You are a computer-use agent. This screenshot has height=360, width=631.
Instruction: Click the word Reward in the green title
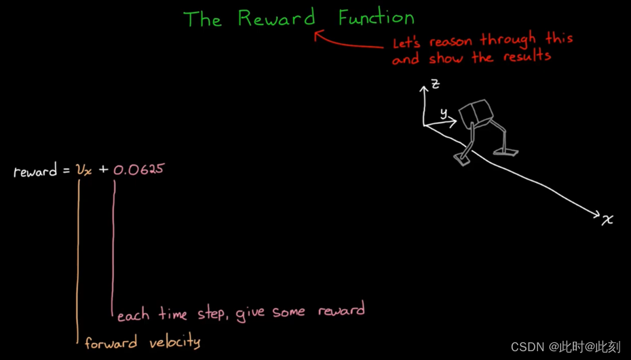point(276,18)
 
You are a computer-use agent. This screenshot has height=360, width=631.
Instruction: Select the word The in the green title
point(202,19)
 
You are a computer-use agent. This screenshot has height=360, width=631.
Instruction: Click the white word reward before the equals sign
point(35,172)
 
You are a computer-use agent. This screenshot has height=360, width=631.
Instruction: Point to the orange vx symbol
point(84,169)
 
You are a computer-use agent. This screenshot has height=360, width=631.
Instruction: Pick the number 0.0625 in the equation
point(138,169)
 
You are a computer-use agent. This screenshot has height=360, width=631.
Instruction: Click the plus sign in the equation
point(103,169)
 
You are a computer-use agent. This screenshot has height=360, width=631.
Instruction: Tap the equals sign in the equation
point(66,171)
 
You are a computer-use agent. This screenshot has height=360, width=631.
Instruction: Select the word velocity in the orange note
point(172,342)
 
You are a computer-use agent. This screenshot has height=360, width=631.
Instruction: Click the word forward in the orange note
point(111,342)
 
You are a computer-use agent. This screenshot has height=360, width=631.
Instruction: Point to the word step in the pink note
point(212,314)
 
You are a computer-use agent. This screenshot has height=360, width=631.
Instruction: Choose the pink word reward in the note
point(341,311)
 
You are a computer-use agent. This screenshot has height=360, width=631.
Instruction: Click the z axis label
point(436,84)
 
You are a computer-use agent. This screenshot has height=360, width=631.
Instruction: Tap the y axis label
point(444,113)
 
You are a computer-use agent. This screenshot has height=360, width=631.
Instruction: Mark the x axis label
point(607,219)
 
